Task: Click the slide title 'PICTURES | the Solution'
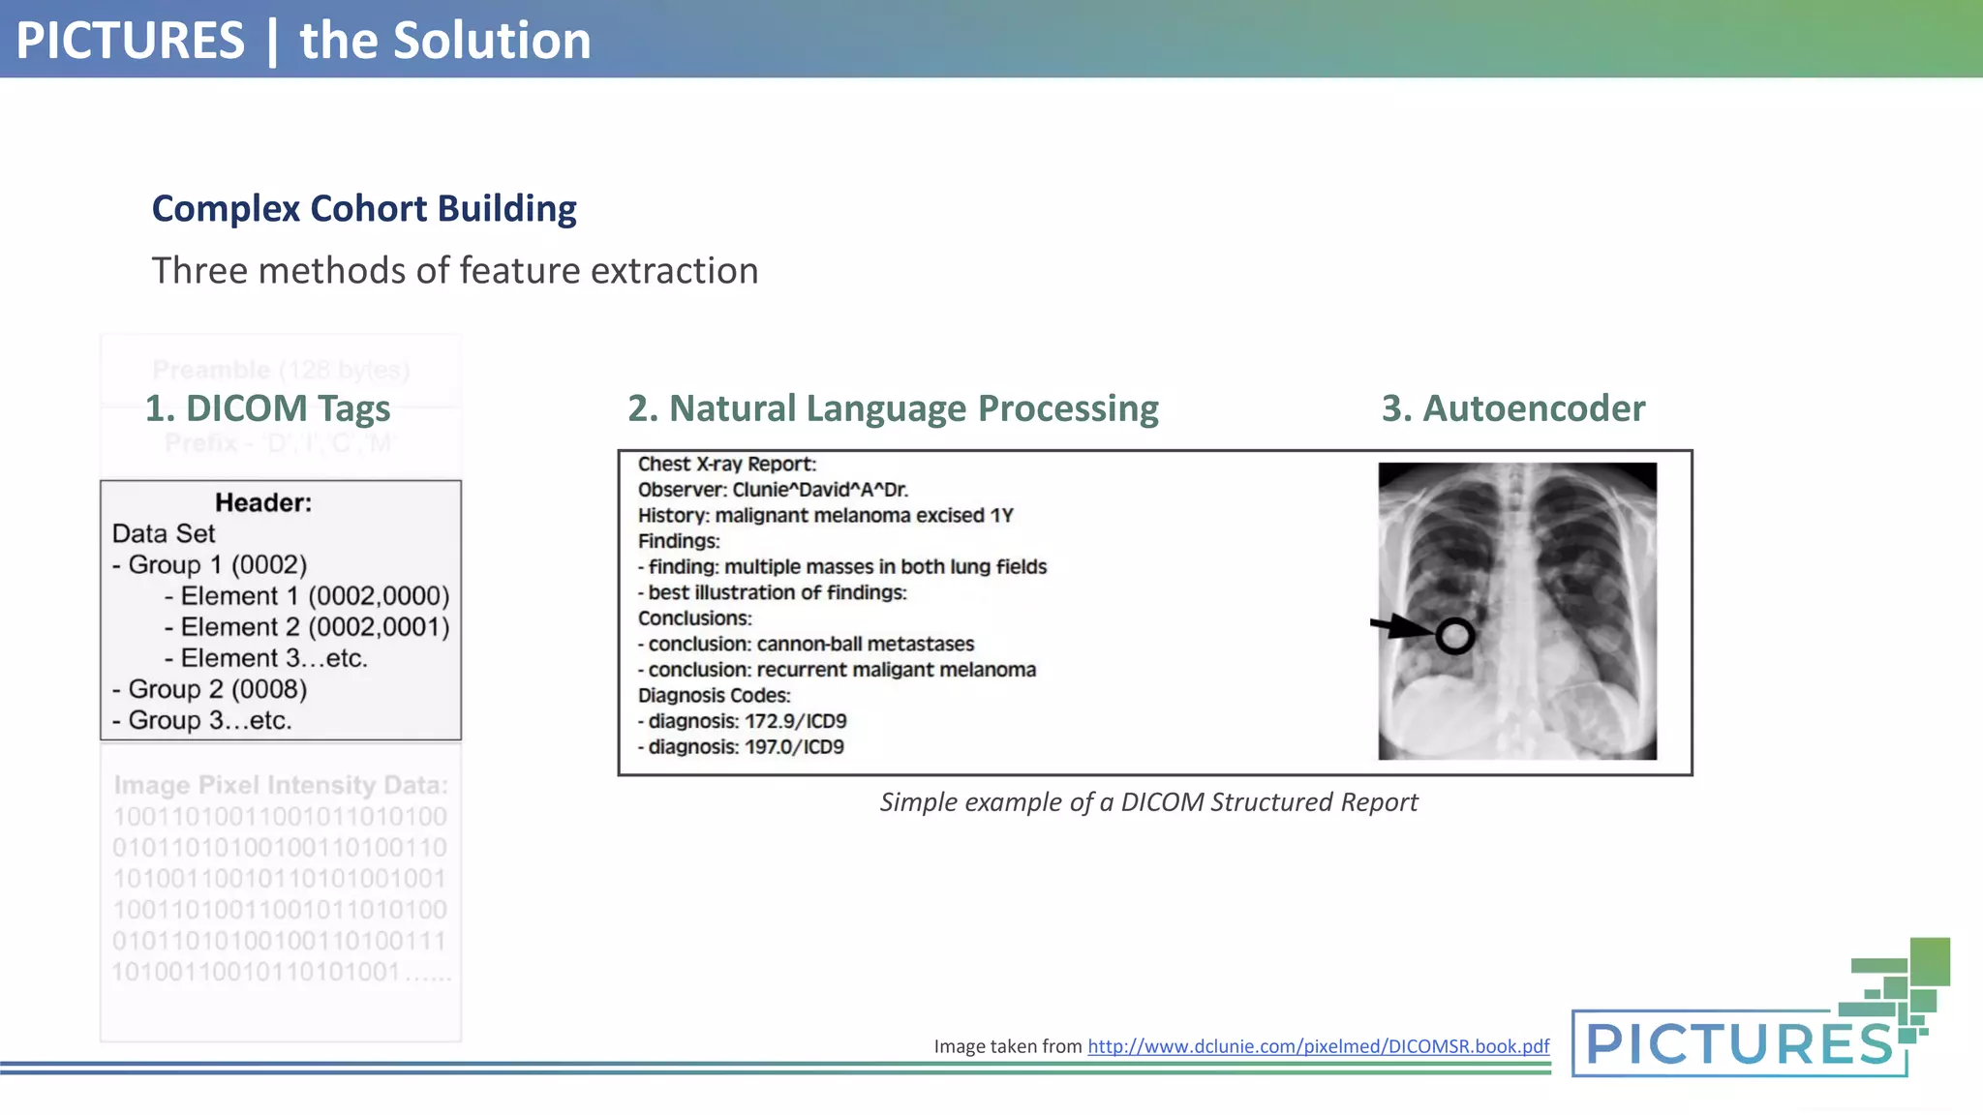click(303, 41)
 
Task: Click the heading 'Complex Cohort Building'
click(364, 209)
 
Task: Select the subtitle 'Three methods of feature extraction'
click(455, 271)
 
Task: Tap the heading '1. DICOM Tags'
click(267, 408)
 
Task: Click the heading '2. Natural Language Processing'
click(893, 408)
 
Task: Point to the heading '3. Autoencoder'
click(1512, 408)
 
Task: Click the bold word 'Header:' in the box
click(263, 503)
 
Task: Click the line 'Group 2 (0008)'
click(217, 689)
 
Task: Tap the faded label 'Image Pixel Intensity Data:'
click(281, 785)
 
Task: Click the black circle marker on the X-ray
click(1454, 636)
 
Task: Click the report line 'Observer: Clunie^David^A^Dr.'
click(773, 490)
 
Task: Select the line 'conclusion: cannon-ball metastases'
click(810, 645)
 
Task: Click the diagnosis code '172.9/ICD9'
click(795, 721)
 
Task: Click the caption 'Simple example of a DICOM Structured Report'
click(1148, 802)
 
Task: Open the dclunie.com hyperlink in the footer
click(1318, 1046)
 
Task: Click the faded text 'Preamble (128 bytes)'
click(281, 371)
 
